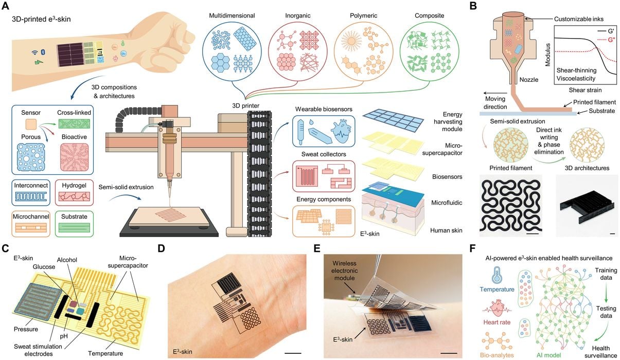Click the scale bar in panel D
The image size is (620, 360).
[292, 353]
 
